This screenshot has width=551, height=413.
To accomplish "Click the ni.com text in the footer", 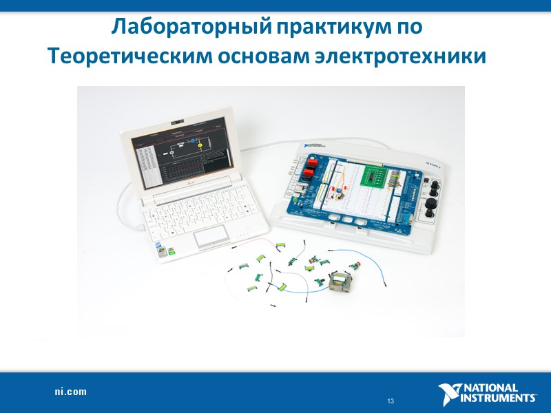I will point(71,392).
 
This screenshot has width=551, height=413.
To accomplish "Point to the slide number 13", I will point(390,401).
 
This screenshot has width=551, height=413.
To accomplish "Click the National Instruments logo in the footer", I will point(487,392).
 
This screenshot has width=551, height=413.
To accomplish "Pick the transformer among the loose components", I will point(342,282).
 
